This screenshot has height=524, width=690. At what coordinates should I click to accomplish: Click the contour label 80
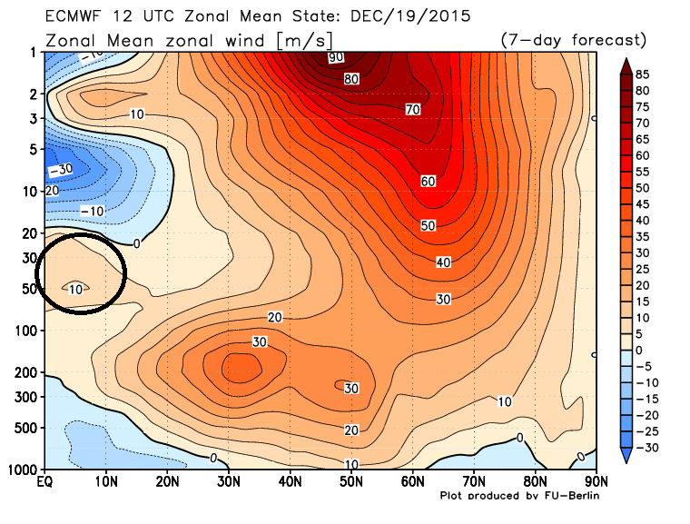(351, 79)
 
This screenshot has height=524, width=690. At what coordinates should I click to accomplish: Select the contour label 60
(429, 181)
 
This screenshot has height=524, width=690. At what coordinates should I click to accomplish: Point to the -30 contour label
(59, 169)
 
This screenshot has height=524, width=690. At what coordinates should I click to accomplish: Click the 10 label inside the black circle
(77, 288)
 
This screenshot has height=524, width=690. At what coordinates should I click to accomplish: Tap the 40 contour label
(443, 262)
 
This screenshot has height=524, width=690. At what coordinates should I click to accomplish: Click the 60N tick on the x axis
(413, 481)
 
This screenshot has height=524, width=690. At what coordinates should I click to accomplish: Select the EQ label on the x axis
(44, 481)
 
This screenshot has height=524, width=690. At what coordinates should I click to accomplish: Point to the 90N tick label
(596, 481)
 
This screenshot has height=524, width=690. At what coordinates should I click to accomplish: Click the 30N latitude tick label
(229, 481)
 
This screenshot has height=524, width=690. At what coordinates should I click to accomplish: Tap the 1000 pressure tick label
(22, 470)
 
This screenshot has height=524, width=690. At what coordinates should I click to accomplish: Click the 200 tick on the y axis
(25, 372)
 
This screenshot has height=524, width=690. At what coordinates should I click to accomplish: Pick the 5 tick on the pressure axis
(33, 149)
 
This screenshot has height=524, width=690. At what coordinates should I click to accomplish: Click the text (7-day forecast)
(572, 41)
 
